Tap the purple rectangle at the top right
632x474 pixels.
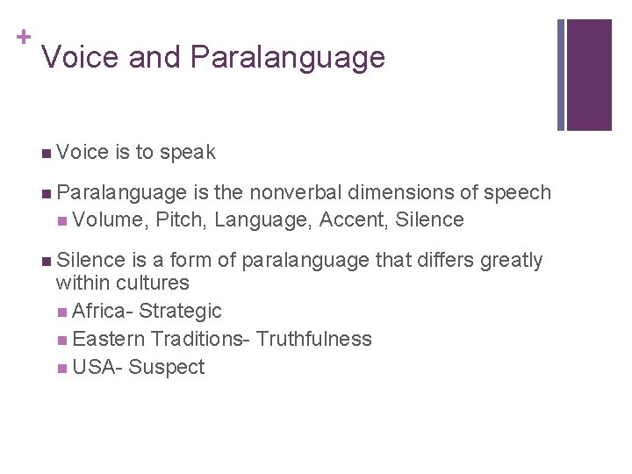588,75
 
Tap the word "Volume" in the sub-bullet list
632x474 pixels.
109,219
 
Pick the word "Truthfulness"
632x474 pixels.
314,339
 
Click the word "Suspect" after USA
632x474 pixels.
166,367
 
